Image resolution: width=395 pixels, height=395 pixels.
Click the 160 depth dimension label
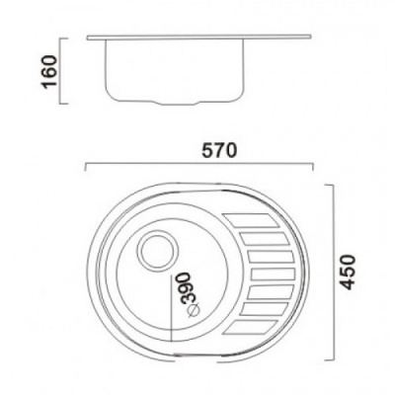tap(49, 71)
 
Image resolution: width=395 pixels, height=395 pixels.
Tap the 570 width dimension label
tap(219, 151)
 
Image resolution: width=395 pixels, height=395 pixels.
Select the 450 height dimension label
tap(348, 273)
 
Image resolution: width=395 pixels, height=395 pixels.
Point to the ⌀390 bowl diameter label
tap(191, 294)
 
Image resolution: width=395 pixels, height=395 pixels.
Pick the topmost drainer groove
tap(250, 220)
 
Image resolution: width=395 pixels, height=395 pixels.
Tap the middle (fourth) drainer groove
tap(273, 274)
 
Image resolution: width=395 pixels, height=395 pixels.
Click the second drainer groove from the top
tap(264, 239)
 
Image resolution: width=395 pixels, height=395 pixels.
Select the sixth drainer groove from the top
tap(266, 307)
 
